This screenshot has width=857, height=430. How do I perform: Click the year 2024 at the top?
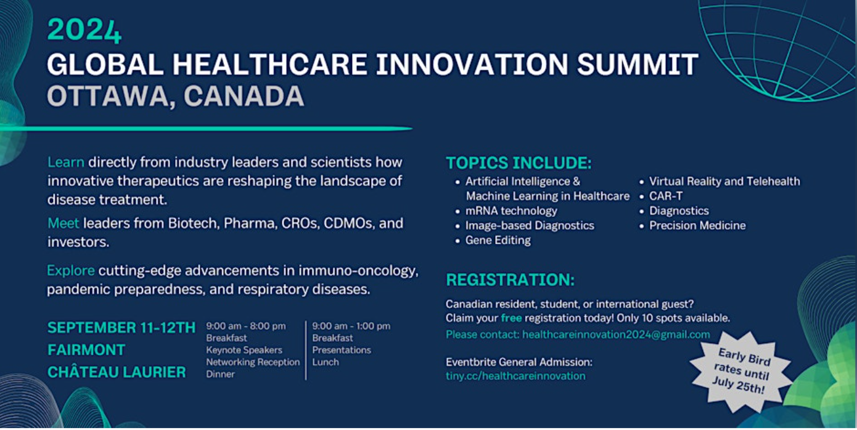84,30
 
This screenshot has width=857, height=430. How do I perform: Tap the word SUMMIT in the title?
638,64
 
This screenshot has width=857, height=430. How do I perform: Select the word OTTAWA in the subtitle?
108,96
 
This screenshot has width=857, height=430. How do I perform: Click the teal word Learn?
66,163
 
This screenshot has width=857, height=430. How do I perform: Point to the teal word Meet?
63,223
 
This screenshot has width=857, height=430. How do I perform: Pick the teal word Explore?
71,270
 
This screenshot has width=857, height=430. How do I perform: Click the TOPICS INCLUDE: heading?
519,163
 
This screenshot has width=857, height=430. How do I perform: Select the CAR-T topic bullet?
666,196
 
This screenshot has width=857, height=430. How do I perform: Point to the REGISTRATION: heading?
511,280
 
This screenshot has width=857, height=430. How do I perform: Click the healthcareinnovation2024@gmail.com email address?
616,335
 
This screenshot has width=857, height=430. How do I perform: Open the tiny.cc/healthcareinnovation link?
515,376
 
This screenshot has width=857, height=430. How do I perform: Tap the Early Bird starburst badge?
740,371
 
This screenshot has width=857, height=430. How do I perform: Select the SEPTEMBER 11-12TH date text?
121,328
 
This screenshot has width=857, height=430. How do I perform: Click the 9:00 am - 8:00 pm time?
246,326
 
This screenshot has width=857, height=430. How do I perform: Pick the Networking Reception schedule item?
253,362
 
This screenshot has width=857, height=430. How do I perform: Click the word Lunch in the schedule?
325,362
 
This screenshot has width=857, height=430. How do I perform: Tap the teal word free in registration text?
511,318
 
